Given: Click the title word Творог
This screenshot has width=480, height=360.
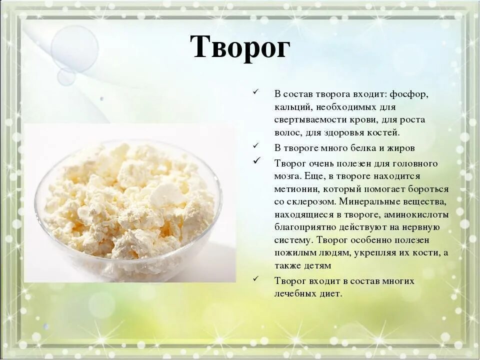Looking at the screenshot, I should (240, 48).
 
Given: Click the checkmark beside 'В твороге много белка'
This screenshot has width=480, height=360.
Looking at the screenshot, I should (256, 146).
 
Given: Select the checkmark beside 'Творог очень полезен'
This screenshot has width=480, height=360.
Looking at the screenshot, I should (256, 161).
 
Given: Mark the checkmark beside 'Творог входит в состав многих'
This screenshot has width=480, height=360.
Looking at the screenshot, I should (256, 278).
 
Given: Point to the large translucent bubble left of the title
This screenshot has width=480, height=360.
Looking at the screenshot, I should (75, 48).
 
